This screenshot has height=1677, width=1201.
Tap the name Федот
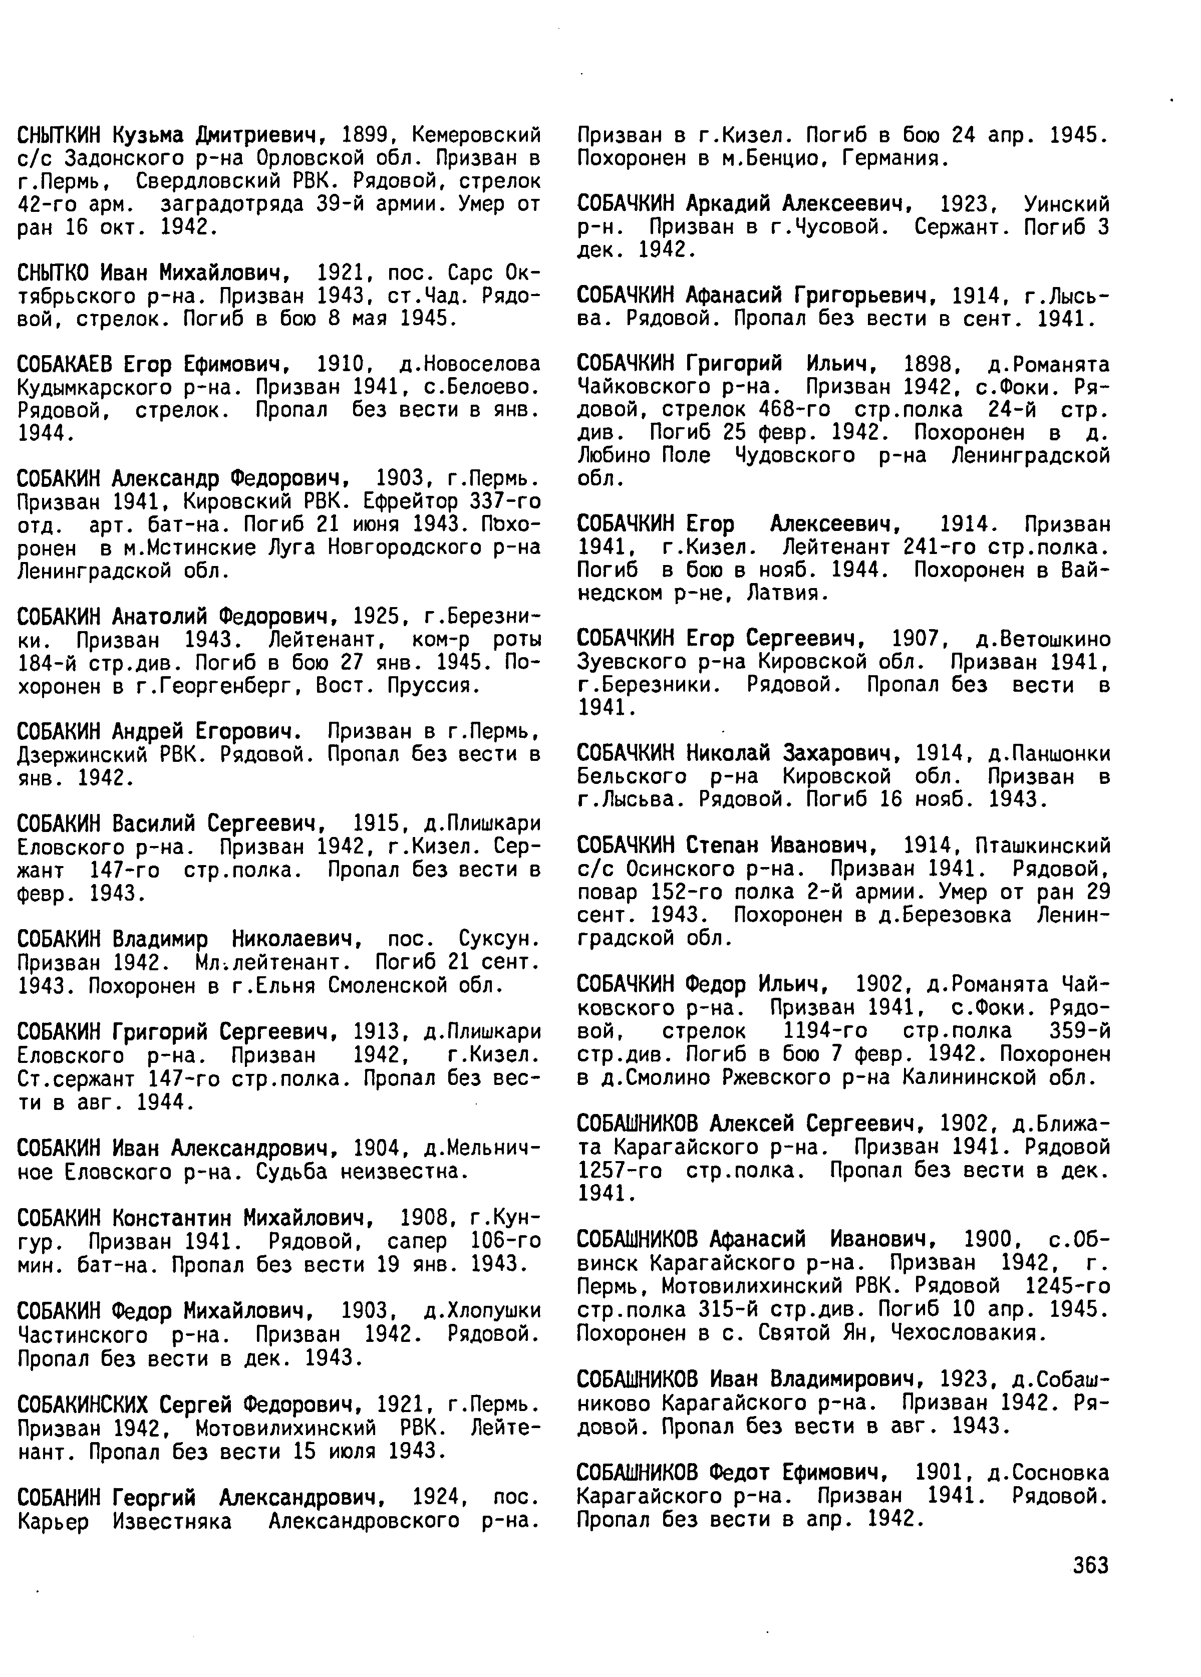click(x=741, y=1472)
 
